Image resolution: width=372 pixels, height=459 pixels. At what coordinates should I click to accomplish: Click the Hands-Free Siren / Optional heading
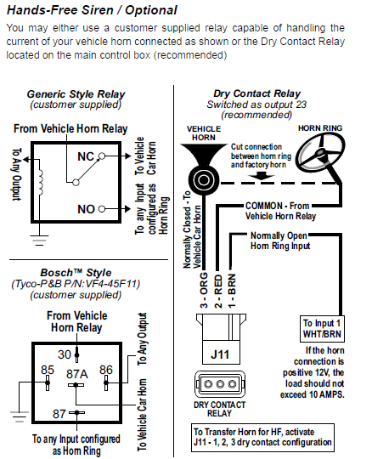[92, 10]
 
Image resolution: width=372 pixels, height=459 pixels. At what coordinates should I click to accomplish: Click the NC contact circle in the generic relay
[101, 156]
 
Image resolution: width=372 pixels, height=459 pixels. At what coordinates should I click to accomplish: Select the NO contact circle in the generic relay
[101, 209]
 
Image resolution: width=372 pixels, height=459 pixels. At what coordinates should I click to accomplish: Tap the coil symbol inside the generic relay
[40, 183]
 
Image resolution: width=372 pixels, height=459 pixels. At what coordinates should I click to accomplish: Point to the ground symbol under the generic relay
[39, 240]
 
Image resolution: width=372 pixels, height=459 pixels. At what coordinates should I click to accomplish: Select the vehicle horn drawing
[204, 167]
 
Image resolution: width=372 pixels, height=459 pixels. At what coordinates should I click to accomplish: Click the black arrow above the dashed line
[261, 176]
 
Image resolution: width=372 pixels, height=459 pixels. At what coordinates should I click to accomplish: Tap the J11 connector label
[220, 354]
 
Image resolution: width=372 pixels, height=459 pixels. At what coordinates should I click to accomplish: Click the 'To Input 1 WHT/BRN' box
[322, 329]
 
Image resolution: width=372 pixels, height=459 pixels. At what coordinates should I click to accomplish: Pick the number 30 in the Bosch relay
[65, 354]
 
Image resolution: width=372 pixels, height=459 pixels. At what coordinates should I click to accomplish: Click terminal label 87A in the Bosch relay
[77, 374]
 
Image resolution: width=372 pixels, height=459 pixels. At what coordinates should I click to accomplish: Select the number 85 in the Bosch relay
[48, 370]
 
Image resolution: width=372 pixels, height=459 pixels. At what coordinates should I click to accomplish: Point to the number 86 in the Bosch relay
[106, 370]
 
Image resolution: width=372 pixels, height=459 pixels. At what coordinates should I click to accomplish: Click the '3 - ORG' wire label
[204, 291]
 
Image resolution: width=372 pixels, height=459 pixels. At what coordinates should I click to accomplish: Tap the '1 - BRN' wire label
[232, 291]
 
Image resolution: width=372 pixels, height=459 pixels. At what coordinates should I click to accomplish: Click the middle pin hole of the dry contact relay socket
[220, 383]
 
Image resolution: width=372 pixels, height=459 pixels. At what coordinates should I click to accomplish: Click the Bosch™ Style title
[76, 273]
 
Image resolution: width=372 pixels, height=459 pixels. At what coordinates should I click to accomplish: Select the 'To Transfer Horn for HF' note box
[262, 438]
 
